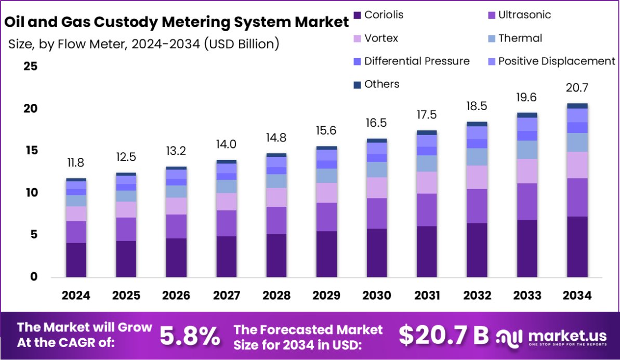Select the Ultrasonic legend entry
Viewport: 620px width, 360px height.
(524, 15)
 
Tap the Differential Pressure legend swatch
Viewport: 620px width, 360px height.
(357, 61)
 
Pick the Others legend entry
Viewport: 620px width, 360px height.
(381, 84)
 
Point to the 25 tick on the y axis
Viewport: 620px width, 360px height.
(30, 66)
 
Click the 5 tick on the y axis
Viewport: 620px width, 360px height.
(33, 235)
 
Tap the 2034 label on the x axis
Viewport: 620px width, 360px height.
(577, 296)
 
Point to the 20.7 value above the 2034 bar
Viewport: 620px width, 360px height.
(577, 87)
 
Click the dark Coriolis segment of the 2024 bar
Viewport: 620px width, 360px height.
(76, 260)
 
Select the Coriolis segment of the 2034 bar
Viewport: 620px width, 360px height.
(577, 247)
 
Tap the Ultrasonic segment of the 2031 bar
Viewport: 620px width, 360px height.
(427, 210)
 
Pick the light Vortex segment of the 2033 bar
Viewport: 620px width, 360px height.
(527, 171)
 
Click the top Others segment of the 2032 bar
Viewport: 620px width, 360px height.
(477, 124)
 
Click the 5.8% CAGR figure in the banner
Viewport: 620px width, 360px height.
(189, 337)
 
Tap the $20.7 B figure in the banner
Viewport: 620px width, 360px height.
(443, 336)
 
